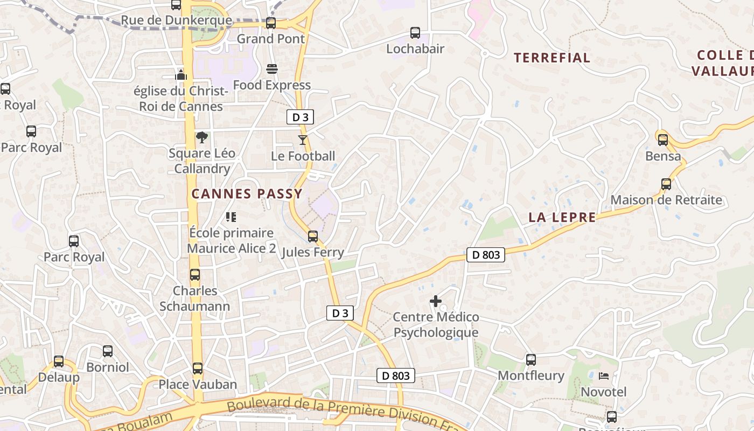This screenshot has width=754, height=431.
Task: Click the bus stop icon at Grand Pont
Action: click(271, 23)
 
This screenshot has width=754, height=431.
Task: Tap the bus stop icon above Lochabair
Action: click(415, 33)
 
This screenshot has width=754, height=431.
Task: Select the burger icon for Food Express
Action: click(272, 69)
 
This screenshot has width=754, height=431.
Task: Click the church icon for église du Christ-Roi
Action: click(181, 74)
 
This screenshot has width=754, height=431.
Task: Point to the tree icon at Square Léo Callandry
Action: click(202, 137)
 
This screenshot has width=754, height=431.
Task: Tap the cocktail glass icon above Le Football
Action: click(303, 140)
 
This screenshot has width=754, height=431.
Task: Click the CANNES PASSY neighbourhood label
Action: click(247, 193)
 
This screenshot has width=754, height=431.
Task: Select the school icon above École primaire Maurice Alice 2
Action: click(231, 217)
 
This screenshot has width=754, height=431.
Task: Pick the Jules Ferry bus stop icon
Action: click(313, 237)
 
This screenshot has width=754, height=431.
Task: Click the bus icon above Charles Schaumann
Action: click(195, 275)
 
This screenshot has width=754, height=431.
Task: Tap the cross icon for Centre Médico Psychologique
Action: click(436, 301)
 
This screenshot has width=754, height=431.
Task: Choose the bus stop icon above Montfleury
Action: click(531, 359)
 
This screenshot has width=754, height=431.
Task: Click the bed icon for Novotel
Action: click(604, 376)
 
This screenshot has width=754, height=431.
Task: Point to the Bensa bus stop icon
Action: click(663, 140)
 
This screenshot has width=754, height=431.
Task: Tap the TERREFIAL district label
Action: click(552, 58)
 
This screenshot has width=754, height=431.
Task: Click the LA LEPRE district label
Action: click(562, 217)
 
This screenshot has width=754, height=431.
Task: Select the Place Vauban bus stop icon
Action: click(198, 369)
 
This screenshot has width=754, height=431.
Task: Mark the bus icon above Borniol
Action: click(108, 352)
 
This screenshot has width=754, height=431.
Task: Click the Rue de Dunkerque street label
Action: click(176, 21)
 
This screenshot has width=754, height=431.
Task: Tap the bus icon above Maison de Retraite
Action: click(666, 184)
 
